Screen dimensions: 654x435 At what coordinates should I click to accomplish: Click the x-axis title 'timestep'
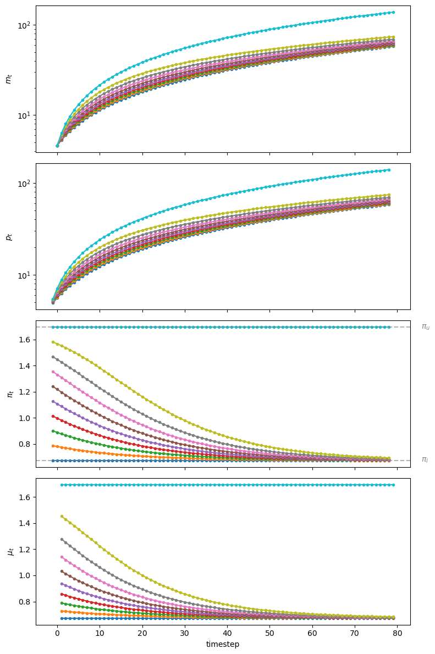tap(223, 644)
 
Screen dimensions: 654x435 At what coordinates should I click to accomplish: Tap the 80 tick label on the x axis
tap(397, 633)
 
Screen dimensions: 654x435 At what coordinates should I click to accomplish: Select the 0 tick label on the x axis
tap(57, 633)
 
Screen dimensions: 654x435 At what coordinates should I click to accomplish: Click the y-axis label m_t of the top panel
tap(8, 79)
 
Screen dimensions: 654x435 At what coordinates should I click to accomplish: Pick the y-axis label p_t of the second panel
tap(8, 236)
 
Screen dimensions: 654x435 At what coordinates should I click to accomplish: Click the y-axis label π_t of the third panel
tap(8, 394)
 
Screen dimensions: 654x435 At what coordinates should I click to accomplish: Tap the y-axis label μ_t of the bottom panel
tap(8, 551)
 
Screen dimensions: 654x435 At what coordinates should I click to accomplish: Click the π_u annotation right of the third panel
tap(425, 326)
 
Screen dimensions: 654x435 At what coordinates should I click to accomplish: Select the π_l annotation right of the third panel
tap(425, 459)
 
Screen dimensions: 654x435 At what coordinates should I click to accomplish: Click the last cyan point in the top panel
tap(393, 12)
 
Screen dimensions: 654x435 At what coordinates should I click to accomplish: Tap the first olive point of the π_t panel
tap(53, 342)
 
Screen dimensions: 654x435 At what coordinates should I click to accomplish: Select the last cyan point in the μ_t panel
tap(393, 485)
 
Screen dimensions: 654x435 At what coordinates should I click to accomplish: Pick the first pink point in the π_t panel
tap(53, 372)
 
